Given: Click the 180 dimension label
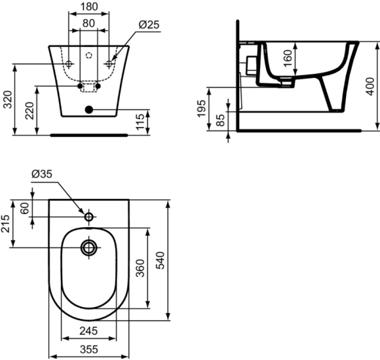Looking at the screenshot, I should pos(89,7).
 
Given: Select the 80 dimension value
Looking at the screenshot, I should pos(89,23).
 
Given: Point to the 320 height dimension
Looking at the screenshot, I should pos(7,99).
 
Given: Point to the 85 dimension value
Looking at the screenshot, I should pos(221,120).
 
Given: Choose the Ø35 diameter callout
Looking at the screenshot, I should pos(41,174).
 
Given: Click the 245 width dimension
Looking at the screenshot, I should pos(89,332).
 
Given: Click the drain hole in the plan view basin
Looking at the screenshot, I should pos(88,247).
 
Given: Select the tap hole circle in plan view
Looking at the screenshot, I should pos(88,215).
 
